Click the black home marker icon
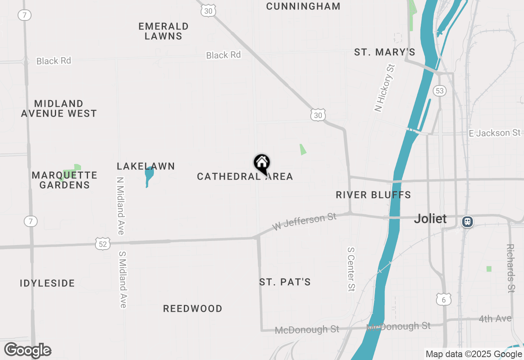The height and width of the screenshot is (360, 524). (x=262, y=163)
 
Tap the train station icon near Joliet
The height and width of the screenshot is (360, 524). (x=468, y=222)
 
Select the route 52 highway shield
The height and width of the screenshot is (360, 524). (x=102, y=244)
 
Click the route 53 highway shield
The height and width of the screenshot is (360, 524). (x=440, y=90)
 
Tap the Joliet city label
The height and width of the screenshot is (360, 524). (x=430, y=219)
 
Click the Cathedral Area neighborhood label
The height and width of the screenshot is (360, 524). (x=245, y=177)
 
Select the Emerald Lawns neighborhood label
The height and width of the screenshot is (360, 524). (x=163, y=31)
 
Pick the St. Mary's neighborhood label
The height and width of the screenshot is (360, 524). (x=385, y=52)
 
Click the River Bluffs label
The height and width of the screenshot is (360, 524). (x=373, y=195)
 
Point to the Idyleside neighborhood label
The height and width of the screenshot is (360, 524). (x=47, y=283)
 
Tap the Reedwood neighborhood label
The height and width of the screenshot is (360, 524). (x=192, y=308)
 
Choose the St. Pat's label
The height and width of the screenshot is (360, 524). (x=285, y=282)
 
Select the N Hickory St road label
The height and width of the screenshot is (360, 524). (x=385, y=88)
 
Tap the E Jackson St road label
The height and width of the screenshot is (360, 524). (x=495, y=133)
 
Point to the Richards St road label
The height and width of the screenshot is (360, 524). (x=510, y=268)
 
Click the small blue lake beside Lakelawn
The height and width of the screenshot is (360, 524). (x=149, y=175)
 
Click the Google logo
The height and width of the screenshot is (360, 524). (x=28, y=351)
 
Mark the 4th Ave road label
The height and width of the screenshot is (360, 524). (x=495, y=319)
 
